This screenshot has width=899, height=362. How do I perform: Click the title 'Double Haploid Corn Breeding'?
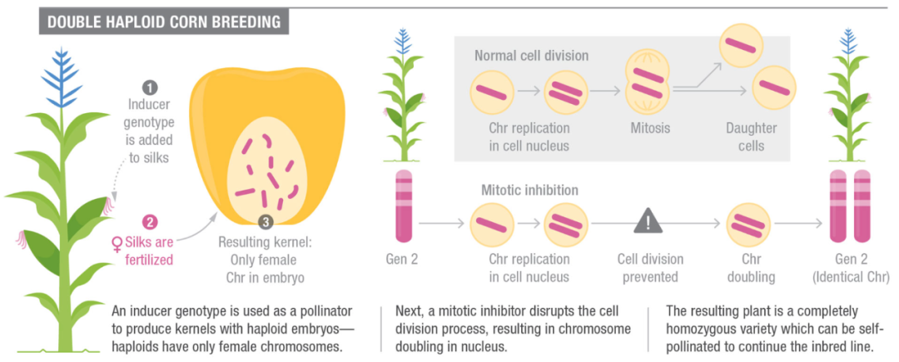(x=163, y=22)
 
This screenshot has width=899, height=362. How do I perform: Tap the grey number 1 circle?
(x=150, y=87)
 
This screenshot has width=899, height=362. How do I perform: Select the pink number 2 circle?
(x=150, y=221)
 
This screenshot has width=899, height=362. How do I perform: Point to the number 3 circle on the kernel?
(x=265, y=222)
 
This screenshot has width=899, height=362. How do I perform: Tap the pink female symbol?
(x=117, y=244)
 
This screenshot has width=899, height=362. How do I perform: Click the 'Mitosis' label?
(x=649, y=129)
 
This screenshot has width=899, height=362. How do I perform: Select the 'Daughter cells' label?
(x=751, y=137)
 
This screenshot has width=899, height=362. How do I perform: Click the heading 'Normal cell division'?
(x=531, y=57)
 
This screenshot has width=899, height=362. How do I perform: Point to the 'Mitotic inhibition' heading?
(x=529, y=191)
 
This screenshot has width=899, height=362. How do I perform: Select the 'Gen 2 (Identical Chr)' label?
(x=850, y=268)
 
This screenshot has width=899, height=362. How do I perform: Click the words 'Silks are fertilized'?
(x=150, y=251)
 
